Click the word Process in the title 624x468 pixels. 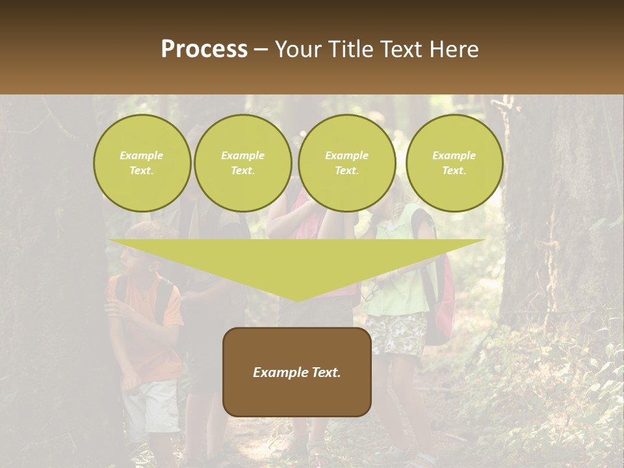pos(204,49)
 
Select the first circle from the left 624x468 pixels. pos(142,163)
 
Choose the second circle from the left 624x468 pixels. pos(242,163)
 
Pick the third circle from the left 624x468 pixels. pos(346,163)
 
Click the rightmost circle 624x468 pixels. pos(454,163)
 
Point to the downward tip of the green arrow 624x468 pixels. pos(298,300)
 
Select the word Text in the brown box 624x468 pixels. pos(325,372)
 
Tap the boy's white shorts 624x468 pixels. pos(151,406)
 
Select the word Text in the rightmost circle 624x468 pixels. pos(454,171)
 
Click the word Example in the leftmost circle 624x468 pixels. pos(142,155)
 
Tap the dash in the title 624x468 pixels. pos(261,49)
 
